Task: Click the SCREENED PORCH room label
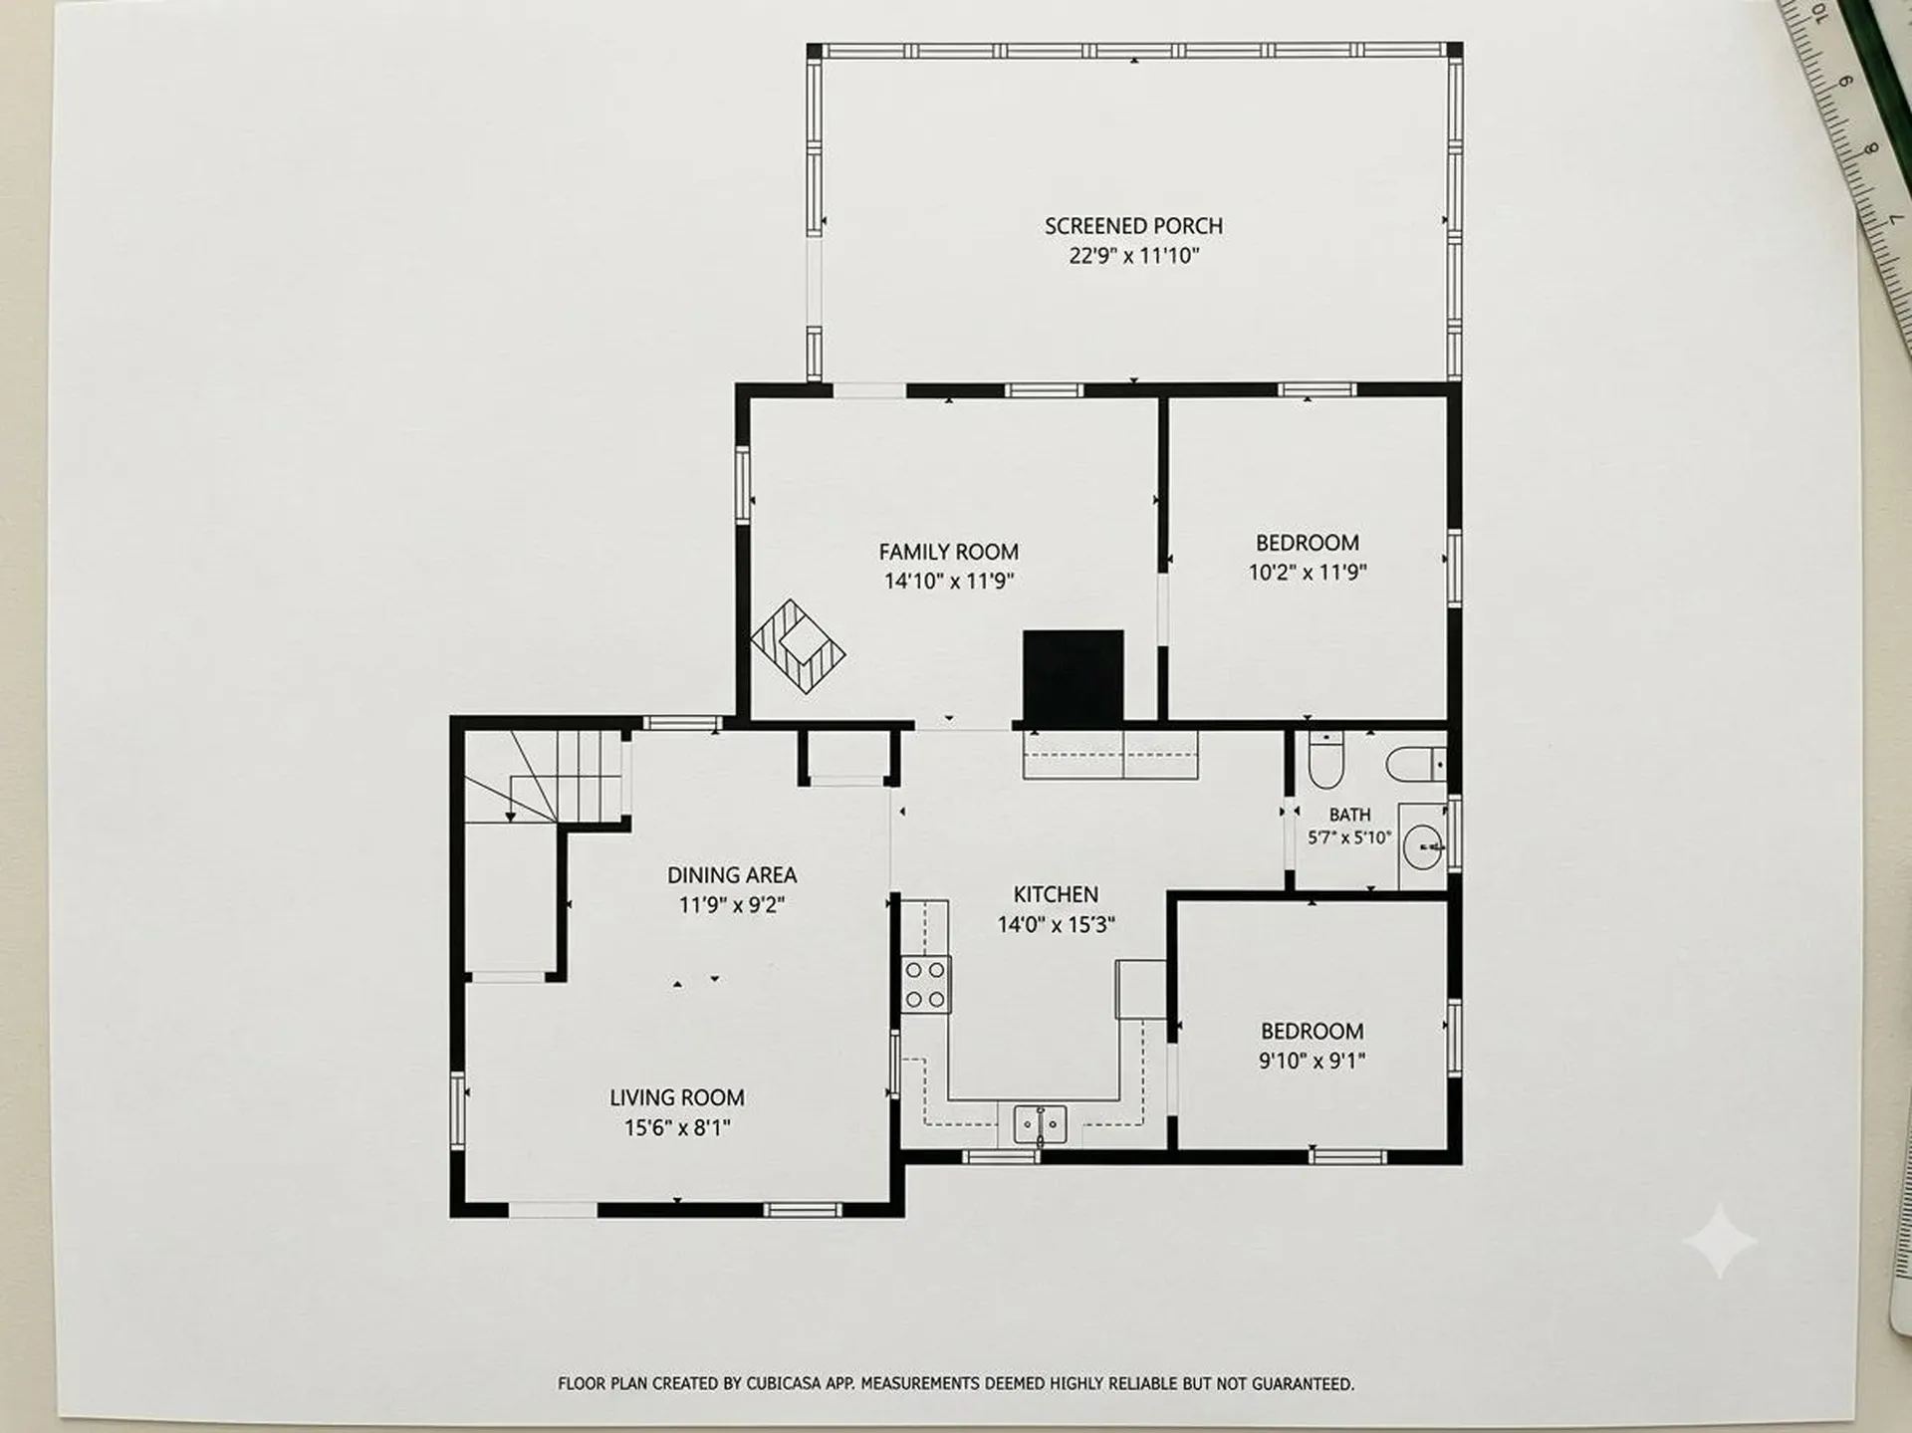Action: point(1133,226)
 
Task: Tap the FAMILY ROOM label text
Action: point(948,552)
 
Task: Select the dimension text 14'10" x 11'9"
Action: point(948,581)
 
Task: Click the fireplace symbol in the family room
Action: point(798,646)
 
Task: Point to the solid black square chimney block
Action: point(1074,676)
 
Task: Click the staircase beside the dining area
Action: point(544,777)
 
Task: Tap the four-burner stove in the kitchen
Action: point(925,985)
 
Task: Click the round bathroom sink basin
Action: point(1424,846)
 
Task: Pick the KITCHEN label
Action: point(1056,894)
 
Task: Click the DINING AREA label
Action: point(732,875)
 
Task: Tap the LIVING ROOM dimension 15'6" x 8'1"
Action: point(677,1127)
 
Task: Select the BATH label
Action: point(1349,815)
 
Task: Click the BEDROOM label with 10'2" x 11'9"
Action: point(1308,543)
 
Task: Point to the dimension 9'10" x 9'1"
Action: point(1312,1061)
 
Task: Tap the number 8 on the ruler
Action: point(1870,150)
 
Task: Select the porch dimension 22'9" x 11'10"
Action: point(1133,256)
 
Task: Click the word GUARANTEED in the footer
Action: point(1303,1383)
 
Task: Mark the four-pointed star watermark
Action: point(1720,1241)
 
